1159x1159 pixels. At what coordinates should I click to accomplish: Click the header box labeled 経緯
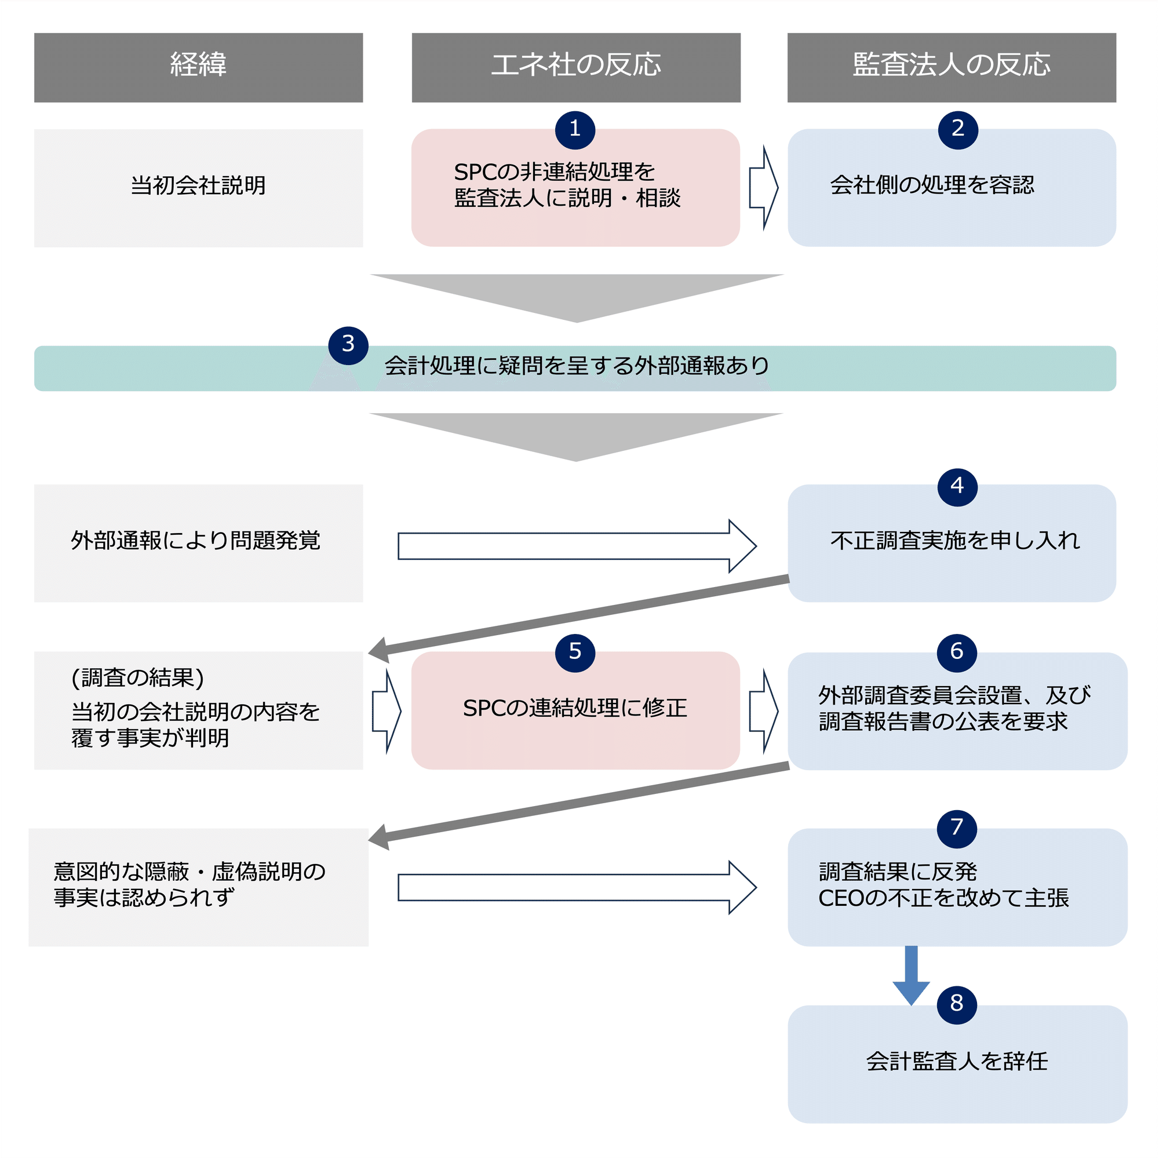pyautogui.click(x=198, y=67)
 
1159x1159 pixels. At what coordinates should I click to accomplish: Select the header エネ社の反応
pyautogui.click(x=575, y=67)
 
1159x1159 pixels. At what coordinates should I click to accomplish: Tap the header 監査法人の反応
pyautogui.click(x=952, y=67)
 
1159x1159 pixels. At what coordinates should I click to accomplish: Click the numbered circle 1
pyautogui.click(x=575, y=130)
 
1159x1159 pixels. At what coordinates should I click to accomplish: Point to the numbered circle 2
pyautogui.click(x=957, y=130)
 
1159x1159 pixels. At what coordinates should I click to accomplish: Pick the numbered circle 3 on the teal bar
pyautogui.click(x=348, y=345)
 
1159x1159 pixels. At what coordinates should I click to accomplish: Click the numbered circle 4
pyautogui.click(x=957, y=487)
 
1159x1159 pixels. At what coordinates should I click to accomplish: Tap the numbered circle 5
pyautogui.click(x=575, y=652)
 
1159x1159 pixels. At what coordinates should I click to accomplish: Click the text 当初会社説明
pyautogui.click(x=198, y=185)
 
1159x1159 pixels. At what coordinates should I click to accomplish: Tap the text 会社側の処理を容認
pyautogui.click(x=932, y=185)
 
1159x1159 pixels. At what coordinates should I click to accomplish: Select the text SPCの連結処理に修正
pyautogui.click(x=575, y=709)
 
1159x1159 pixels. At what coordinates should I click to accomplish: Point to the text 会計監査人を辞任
pyautogui.click(x=957, y=1061)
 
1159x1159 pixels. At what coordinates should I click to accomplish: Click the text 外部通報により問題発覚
pyautogui.click(x=195, y=541)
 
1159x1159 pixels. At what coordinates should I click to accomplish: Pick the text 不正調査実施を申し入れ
pyautogui.click(x=954, y=541)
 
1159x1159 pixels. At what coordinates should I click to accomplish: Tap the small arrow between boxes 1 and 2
pyautogui.click(x=763, y=188)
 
